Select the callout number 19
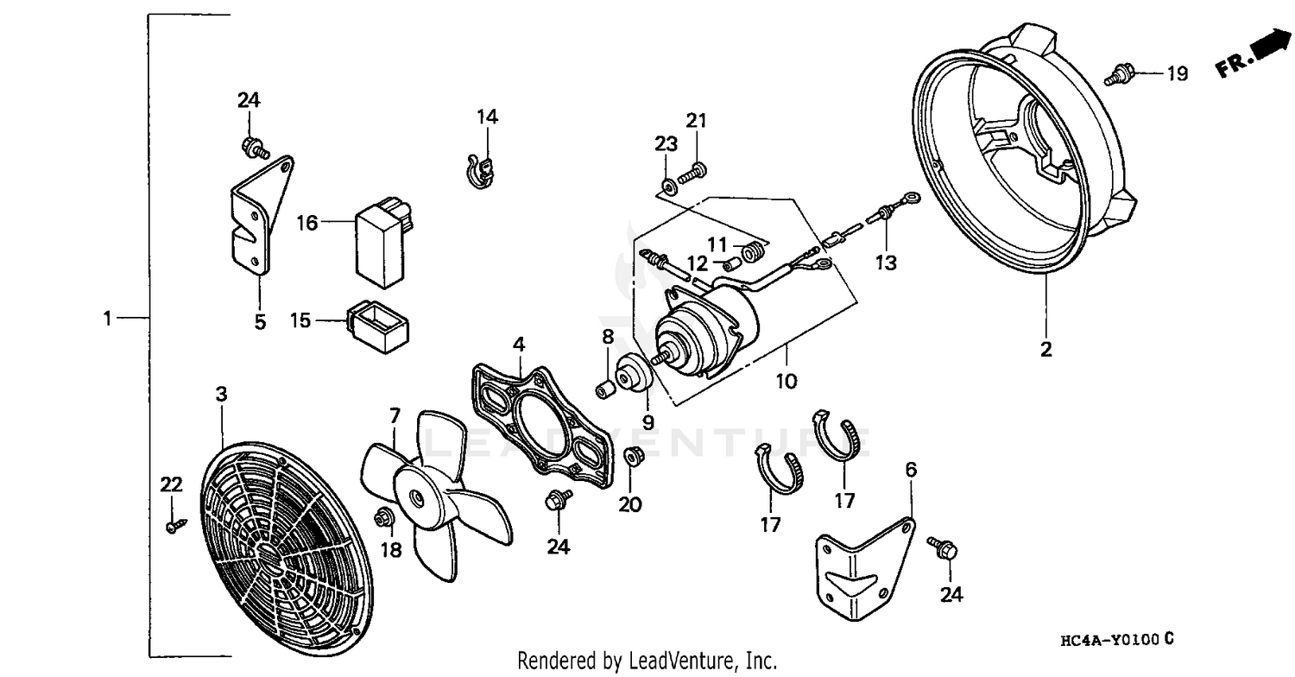point(1177,74)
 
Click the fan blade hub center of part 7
point(416,497)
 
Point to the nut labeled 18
point(384,517)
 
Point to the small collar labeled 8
point(607,389)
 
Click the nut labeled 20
point(632,456)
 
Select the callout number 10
point(786,379)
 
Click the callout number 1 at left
point(107,319)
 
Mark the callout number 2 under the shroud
point(1045,350)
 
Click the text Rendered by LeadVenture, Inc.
point(647,661)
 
